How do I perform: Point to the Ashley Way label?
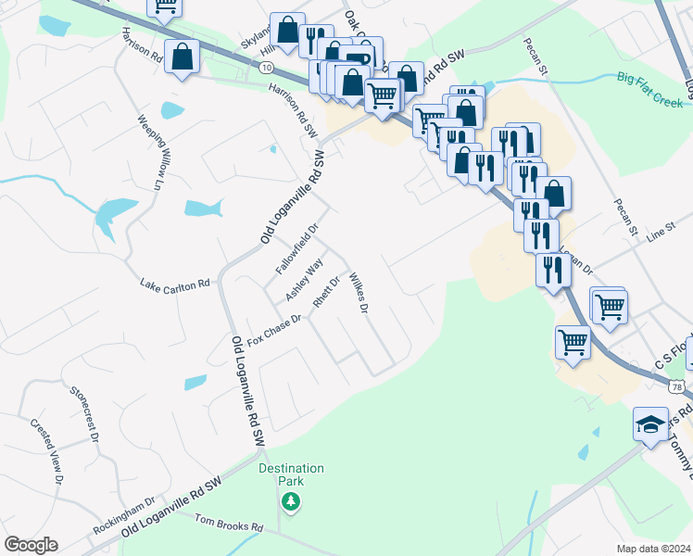(304, 279)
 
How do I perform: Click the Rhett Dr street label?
(328, 292)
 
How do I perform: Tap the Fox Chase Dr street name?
(275, 331)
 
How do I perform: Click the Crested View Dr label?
(46, 451)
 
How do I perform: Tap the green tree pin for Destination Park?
(291, 501)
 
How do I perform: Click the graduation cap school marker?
(650, 424)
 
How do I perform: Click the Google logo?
(31, 545)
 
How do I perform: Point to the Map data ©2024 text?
(653, 548)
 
